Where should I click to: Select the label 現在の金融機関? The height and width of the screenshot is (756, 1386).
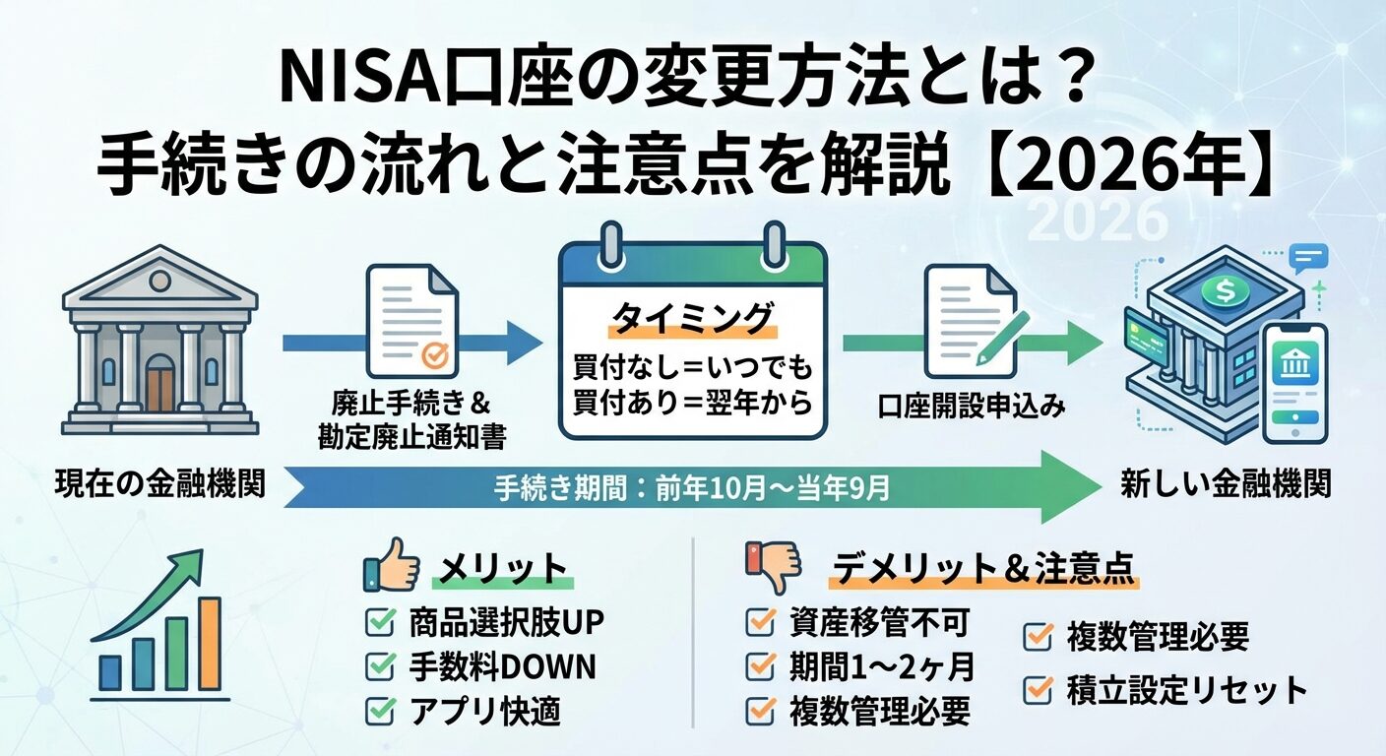coord(159,483)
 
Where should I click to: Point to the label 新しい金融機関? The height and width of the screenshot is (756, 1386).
coord(1226,483)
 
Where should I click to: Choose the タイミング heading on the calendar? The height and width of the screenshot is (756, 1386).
coord(692,318)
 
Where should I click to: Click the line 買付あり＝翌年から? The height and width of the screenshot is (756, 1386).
coord(692,403)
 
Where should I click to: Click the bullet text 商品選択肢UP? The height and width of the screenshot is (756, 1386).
coord(506,622)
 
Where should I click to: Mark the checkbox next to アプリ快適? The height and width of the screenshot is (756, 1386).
coord(379,711)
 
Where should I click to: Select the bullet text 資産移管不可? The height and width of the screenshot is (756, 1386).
coord(880,622)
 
